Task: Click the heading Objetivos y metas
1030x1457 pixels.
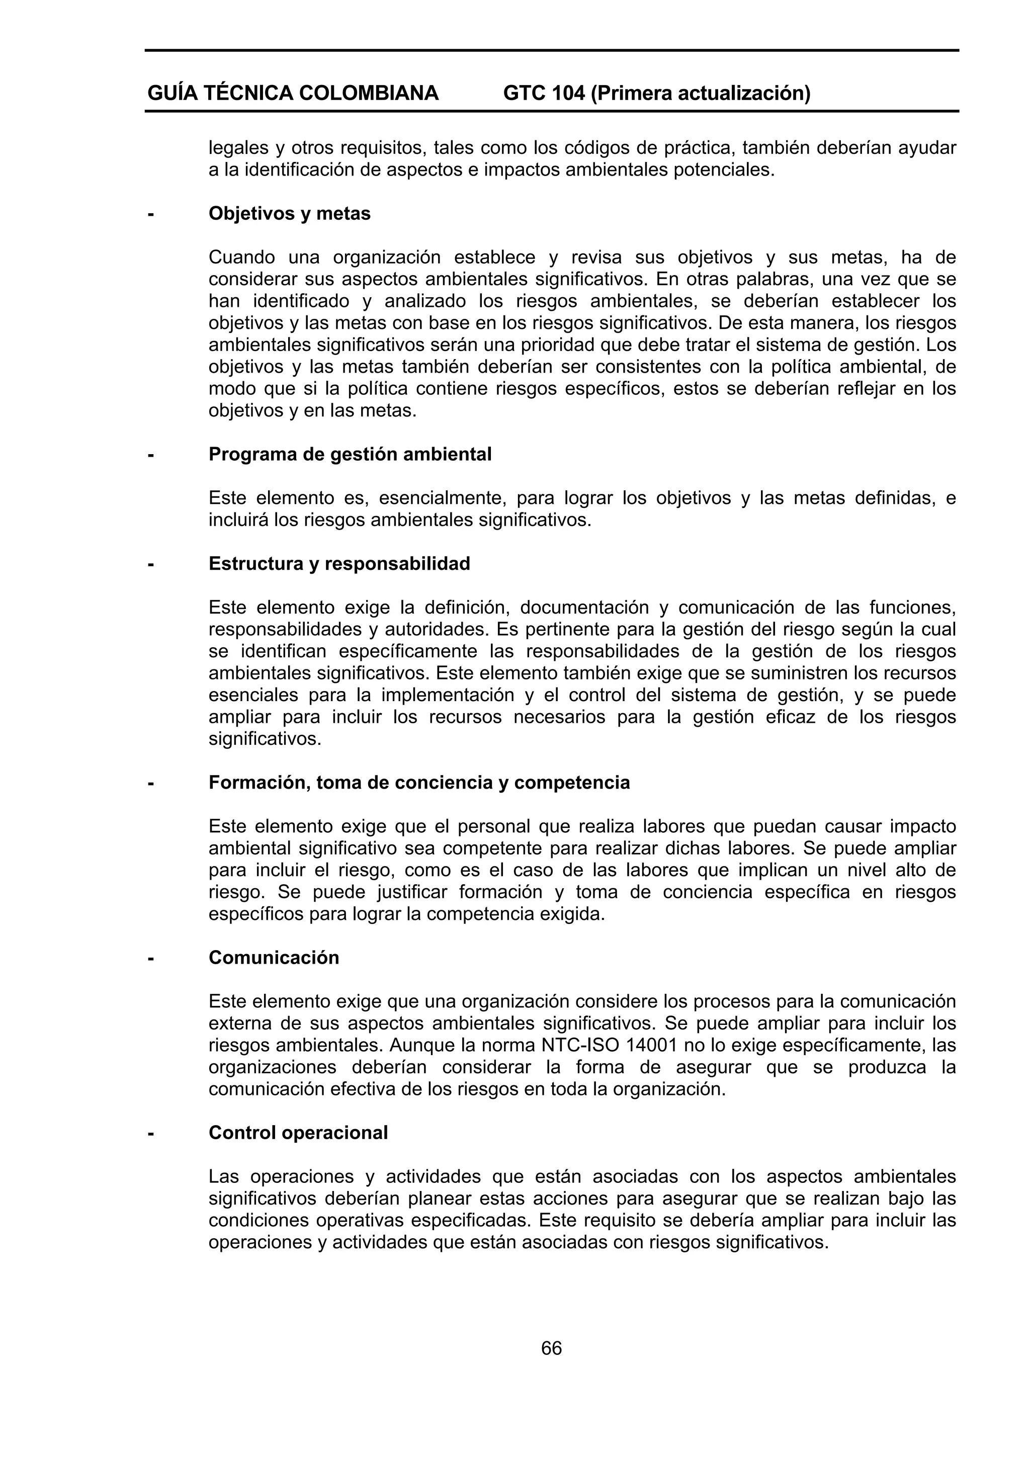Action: click(289, 214)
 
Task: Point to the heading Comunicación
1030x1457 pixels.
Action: click(274, 958)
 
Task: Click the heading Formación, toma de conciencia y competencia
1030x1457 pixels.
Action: click(419, 783)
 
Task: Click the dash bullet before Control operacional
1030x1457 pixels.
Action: click(151, 1134)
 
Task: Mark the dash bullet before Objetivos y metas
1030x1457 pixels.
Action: click(151, 214)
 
